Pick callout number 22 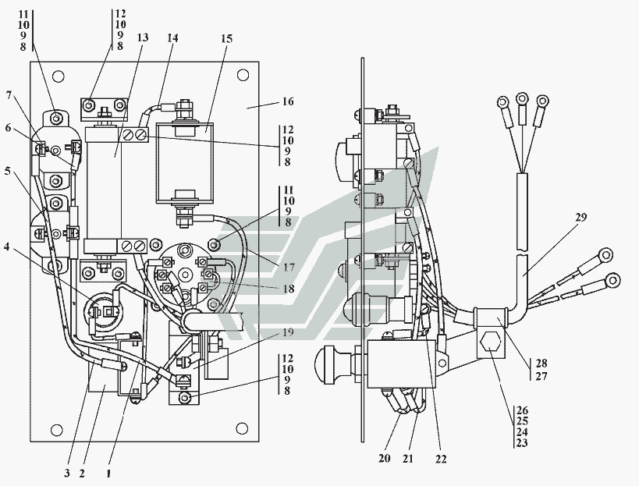click(441, 459)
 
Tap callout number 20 click(385, 459)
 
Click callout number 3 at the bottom click(68, 473)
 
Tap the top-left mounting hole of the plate click(56, 77)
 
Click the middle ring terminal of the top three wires click(521, 100)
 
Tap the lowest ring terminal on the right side click(612, 279)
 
